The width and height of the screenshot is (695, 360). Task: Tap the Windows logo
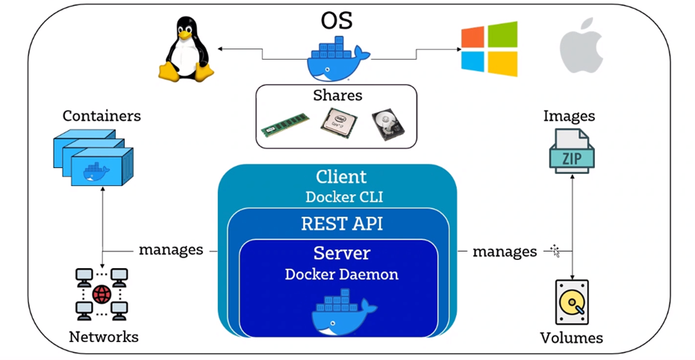[489, 49]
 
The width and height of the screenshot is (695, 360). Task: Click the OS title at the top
[337, 21]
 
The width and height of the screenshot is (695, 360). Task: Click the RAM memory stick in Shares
[285, 125]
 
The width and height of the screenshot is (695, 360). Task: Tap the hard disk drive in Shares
[388, 125]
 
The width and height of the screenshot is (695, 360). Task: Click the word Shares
[337, 96]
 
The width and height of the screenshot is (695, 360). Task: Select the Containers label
[102, 116]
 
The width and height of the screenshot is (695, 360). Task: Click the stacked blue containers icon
[93, 158]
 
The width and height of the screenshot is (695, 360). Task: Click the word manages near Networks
[171, 249]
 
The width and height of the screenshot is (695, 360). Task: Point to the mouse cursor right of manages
[555, 249]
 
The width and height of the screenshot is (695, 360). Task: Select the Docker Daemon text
[341, 274]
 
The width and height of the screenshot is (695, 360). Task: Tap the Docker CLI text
[340, 196]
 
